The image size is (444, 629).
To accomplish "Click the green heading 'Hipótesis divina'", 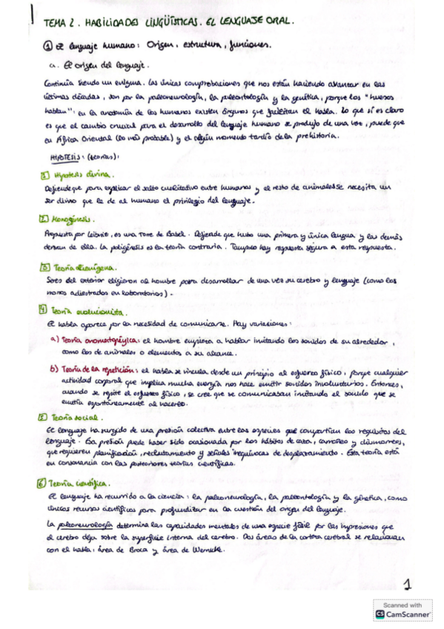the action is [x=82, y=175].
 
